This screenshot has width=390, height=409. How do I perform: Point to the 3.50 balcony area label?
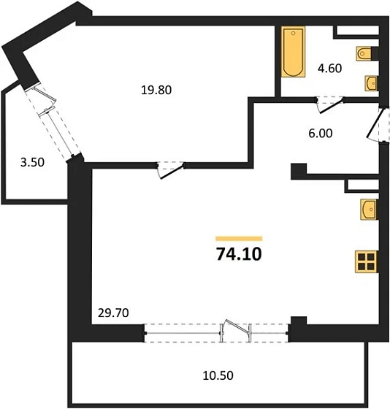point(33,162)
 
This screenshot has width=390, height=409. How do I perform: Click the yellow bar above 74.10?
point(239,238)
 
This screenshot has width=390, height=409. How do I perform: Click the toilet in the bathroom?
point(366,53)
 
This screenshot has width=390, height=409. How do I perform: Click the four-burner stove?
point(366,261)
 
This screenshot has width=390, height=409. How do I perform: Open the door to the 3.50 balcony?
point(53,116)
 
